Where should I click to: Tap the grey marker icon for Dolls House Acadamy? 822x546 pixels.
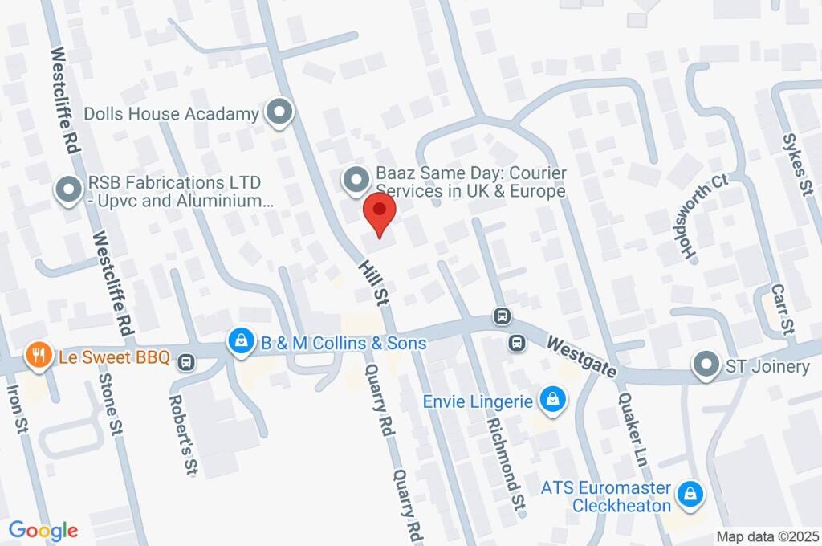point(279,114)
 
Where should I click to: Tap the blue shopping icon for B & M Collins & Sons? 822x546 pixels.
point(240,342)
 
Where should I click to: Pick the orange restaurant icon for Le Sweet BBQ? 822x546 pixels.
point(37,354)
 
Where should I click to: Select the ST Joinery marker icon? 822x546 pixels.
point(706,365)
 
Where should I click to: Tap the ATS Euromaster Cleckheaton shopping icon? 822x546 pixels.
point(689,495)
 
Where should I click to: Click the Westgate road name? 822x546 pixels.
point(582,357)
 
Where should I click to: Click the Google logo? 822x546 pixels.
point(43,530)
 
